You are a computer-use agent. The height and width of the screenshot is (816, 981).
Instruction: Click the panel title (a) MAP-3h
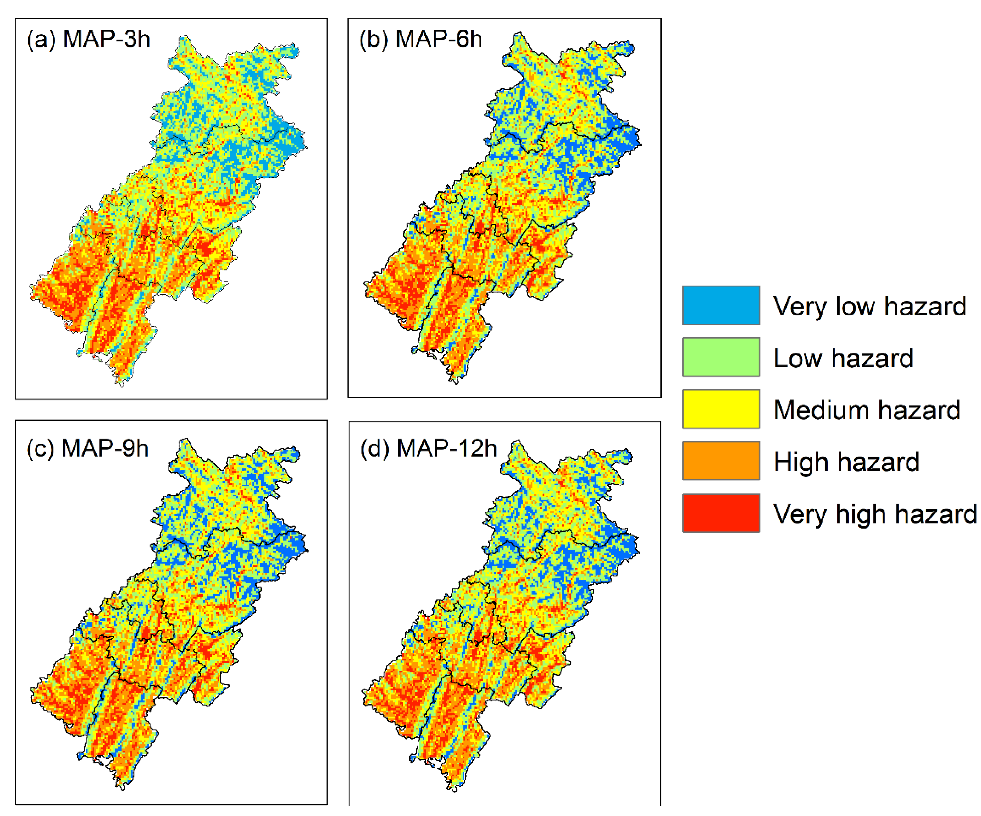coord(88,39)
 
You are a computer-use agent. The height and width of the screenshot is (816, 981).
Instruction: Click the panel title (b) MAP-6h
coord(420,39)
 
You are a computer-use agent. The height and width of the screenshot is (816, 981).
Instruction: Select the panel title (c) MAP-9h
coord(87,448)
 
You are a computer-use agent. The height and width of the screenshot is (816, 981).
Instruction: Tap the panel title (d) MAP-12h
coord(428,448)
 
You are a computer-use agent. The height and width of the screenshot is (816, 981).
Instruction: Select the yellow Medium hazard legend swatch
coord(720,409)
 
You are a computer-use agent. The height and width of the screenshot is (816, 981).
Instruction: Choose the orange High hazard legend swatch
coord(720,461)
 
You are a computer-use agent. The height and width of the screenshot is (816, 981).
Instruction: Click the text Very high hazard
coord(874,514)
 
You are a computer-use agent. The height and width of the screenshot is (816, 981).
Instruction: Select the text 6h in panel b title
coord(469,39)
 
